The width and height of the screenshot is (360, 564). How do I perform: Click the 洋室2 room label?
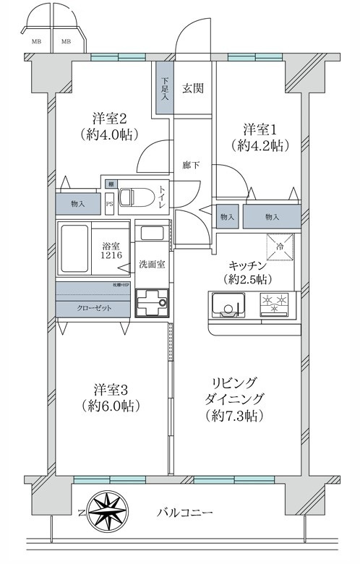tap(110, 125)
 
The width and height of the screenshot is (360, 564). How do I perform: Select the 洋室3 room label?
tap(110, 396)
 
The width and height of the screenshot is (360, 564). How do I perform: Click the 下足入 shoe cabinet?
tap(165, 87)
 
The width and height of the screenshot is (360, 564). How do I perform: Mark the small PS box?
tap(110, 204)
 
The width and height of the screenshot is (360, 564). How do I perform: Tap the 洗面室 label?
tap(153, 264)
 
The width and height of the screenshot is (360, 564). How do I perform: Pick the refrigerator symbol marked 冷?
tap(280, 246)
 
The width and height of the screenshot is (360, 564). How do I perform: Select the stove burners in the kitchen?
tap(275, 304)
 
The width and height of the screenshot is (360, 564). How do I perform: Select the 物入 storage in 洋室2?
tap(77, 204)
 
